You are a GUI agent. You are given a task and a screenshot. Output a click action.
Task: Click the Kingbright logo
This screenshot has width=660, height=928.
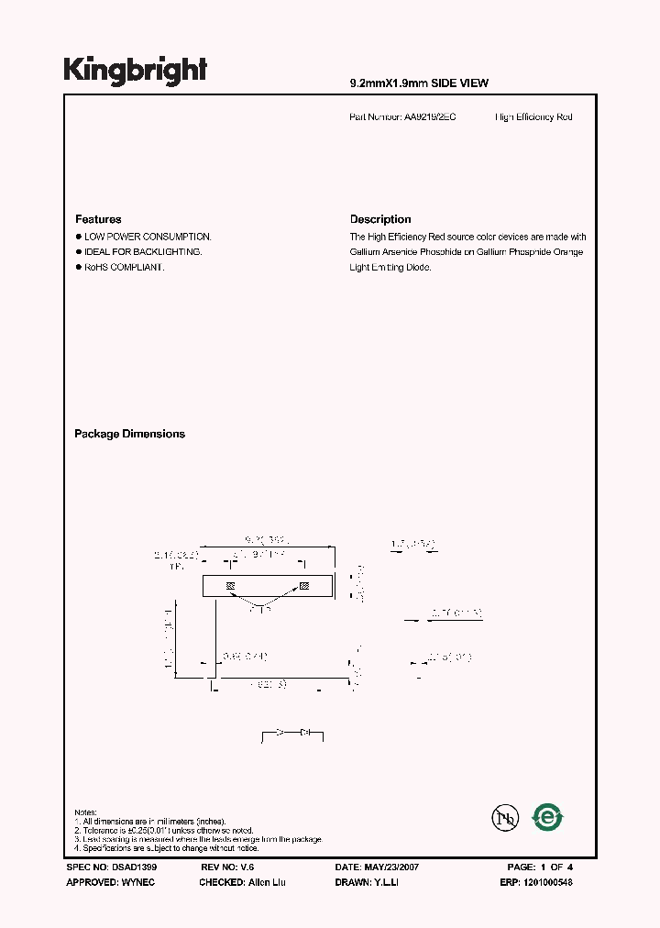[136, 71]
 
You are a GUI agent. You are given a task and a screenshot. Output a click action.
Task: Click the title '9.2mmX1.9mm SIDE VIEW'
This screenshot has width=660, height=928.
[419, 83]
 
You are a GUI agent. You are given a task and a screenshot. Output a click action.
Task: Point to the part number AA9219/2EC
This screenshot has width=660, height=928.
[429, 117]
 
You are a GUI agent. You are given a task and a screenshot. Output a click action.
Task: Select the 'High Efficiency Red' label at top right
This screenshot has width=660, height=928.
[533, 117]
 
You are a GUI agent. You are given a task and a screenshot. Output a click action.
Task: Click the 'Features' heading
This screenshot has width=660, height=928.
[98, 219]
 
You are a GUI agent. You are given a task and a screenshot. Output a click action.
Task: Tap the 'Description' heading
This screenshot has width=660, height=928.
[380, 219]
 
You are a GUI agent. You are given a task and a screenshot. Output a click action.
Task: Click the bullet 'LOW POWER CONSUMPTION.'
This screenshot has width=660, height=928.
[148, 237]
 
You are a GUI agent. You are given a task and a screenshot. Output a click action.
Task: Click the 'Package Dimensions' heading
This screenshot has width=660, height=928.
[129, 434]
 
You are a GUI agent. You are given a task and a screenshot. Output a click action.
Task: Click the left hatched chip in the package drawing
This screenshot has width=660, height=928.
[230, 585]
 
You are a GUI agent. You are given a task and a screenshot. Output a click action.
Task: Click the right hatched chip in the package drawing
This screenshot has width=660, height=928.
[305, 585]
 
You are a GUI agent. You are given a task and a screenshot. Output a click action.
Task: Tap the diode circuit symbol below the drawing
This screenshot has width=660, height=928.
[293, 733]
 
